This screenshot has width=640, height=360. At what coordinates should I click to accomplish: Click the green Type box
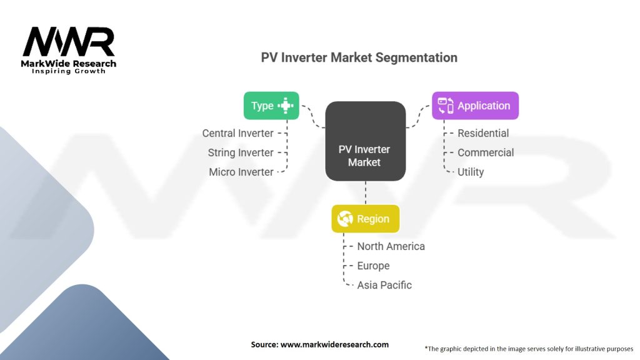pyautogui.click(x=271, y=106)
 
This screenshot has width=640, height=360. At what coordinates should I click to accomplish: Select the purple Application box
pyautogui.click(x=476, y=106)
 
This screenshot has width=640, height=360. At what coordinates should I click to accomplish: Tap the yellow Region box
pyautogui.click(x=365, y=219)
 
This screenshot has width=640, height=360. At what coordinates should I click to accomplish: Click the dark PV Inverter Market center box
pyautogui.click(x=365, y=141)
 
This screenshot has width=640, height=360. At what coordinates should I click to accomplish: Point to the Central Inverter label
pyautogui.click(x=237, y=133)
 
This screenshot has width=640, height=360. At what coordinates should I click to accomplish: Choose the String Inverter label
pyautogui.click(x=241, y=152)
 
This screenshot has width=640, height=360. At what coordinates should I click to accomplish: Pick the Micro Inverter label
pyautogui.click(x=241, y=172)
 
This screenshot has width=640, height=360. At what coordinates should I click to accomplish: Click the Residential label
pyautogui.click(x=483, y=133)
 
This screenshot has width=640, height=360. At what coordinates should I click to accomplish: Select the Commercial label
pyautogui.click(x=486, y=152)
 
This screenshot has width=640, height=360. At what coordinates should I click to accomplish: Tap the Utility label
pyautogui.click(x=471, y=172)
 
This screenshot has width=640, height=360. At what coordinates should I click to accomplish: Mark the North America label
pyautogui.click(x=391, y=246)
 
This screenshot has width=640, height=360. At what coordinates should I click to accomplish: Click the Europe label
pyautogui.click(x=374, y=266)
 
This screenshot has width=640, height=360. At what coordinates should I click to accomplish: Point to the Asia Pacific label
pyautogui.click(x=384, y=285)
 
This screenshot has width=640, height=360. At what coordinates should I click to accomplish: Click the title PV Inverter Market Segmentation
pyautogui.click(x=359, y=57)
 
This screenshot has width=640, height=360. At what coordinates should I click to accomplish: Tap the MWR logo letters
pyautogui.click(x=69, y=42)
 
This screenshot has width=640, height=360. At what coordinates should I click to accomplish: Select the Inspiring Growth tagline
pyautogui.click(x=69, y=71)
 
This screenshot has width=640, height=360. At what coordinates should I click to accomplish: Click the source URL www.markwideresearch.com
pyautogui.click(x=335, y=344)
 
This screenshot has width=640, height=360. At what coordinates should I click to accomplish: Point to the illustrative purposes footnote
pyautogui.click(x=529, y=349)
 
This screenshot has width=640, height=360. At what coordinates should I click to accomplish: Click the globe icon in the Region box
pyautogui.click(x=345, y=219)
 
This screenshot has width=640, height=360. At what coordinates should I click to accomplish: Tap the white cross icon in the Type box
pyautogui.click(x=286, y=106)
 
